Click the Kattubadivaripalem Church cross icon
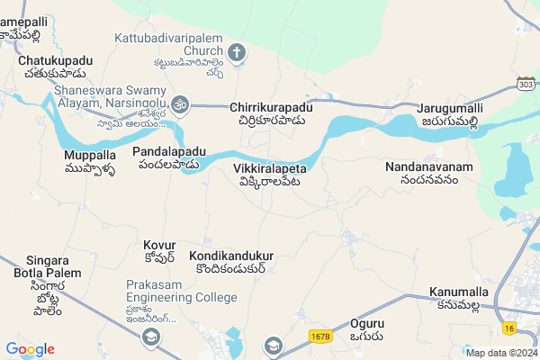point(237,52)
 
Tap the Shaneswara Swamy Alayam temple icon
point(181,103)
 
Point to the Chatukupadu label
point(50,67)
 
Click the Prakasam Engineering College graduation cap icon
point(151,337)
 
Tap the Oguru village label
point(367,328)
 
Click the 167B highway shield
point(319,336)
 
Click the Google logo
point(30,349)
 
